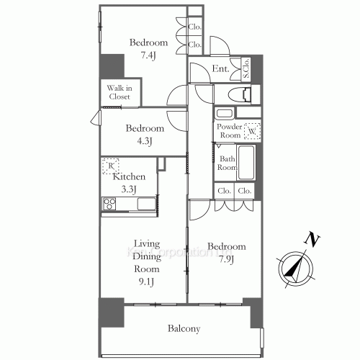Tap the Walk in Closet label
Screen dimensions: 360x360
click(120, 91)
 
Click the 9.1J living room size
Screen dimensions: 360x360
click(145, 281)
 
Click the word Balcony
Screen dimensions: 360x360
click(184, 328)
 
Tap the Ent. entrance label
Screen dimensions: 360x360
click(220, 69)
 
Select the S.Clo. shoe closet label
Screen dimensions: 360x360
click(246, 69)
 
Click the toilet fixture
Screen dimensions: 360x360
click(240, 94)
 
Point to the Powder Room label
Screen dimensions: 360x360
click(230, 130)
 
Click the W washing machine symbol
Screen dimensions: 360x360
click(253, 132)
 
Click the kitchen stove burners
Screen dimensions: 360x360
click(110, 204)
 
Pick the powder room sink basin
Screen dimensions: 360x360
click(224, 113)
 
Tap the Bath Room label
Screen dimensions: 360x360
click(227, 163)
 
